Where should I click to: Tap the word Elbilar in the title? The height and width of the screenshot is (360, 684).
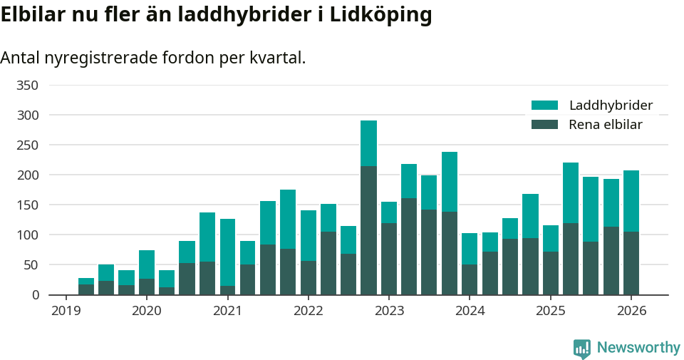coord(33,15)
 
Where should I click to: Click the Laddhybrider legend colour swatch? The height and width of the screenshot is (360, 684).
coord(544,106)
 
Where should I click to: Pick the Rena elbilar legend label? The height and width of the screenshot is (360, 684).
coord(606,125)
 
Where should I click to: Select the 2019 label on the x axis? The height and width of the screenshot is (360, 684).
coord(66,311)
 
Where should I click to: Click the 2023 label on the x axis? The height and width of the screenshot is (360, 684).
coord(389,311)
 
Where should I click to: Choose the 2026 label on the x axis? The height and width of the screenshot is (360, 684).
coord(631,311)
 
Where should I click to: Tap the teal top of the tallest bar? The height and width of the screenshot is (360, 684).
coord(368,143)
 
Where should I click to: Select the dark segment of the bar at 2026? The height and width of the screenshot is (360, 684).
coord(631,263)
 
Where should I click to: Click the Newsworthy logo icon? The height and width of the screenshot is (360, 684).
coord(581,348)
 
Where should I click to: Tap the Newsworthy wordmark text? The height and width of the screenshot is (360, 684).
coord(638,348)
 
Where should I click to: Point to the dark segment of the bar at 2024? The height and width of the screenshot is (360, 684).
coord(470,279)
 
